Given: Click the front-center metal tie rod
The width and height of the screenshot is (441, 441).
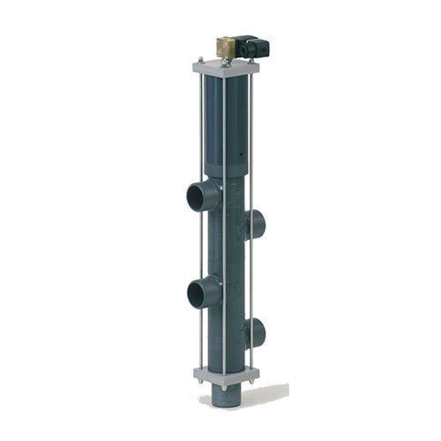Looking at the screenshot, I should [x=224, y=265].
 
